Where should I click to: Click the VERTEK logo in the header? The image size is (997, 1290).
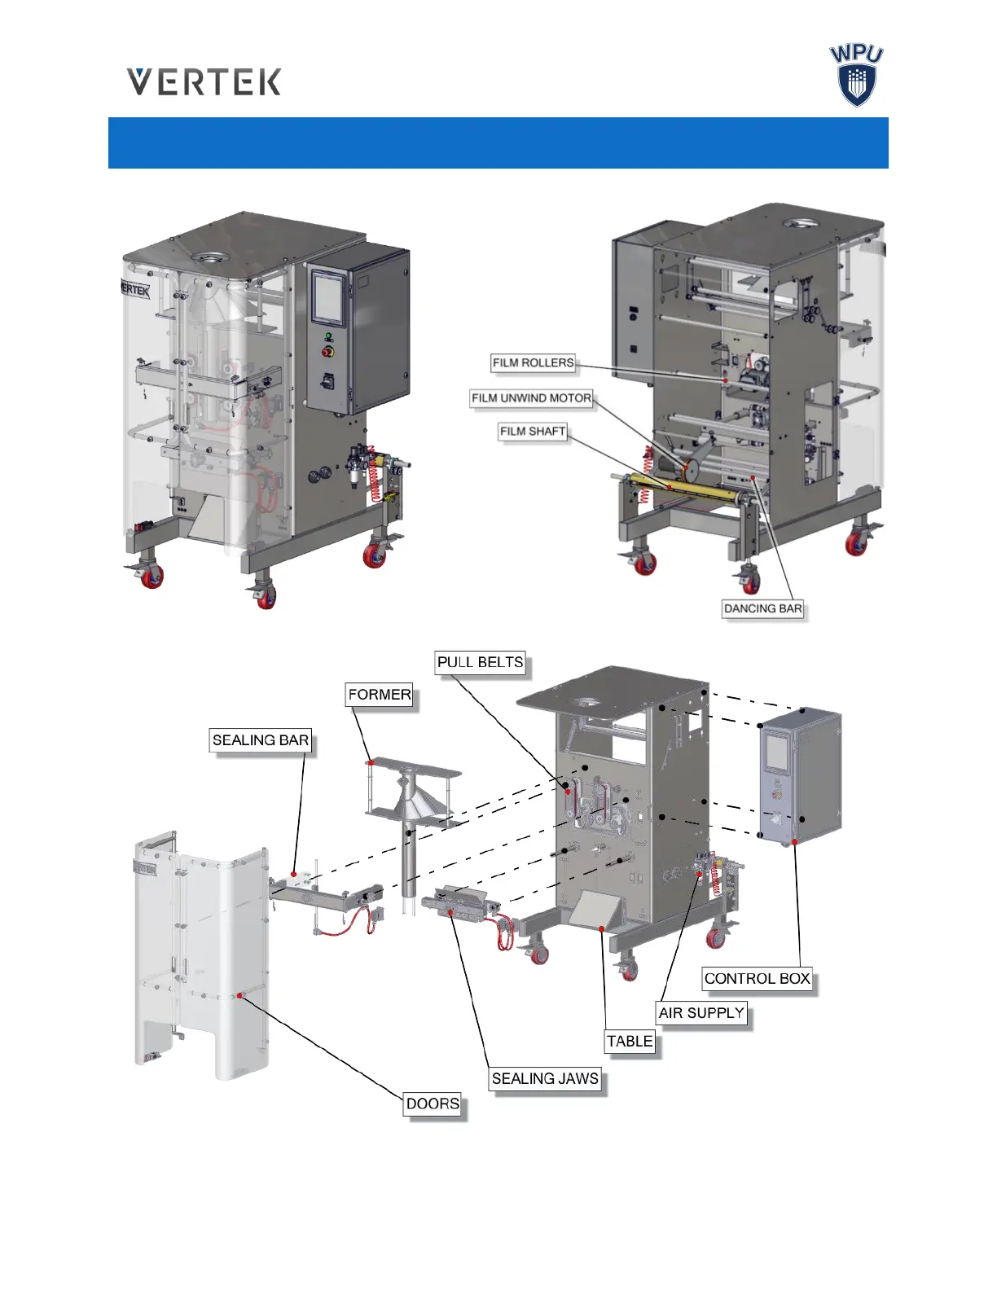point(204,82)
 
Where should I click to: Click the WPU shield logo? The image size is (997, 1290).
point(856,76)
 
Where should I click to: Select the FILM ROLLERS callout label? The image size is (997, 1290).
point(533,363)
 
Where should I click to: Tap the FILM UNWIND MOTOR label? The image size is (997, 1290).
point(531,398)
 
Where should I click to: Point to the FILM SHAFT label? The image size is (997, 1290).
point(533,432)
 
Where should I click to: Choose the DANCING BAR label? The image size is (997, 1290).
point(762,608)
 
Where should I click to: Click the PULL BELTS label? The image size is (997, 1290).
point(480,662)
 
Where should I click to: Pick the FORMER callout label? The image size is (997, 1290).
point(380,695)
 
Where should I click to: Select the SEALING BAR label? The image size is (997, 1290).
point(261,740)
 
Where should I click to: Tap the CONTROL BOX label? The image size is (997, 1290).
point(757,978)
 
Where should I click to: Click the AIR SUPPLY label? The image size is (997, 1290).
point(701,1012)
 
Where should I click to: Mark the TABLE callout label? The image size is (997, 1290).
point(630,1041)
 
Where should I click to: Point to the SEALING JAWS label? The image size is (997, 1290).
point(545,1078)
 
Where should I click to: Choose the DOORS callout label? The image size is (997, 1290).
point(433,1104)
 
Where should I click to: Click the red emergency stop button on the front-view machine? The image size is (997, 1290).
point(329,352)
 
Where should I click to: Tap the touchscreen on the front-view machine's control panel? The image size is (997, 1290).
point(330,298)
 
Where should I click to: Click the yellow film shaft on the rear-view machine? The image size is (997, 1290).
point(684,488)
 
